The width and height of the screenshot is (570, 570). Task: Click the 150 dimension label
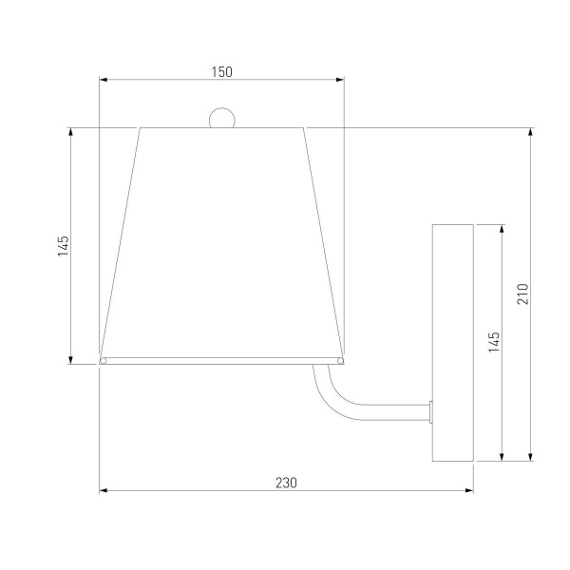[221, 72]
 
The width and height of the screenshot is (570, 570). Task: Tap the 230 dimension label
[286, 483]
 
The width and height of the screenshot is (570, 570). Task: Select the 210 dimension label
[522, 294]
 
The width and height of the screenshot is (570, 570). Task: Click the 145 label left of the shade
[64, 246]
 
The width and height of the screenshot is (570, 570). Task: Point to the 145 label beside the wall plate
[494, 342]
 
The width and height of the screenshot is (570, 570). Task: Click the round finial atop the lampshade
[222, 118]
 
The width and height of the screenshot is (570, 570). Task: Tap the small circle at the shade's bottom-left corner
[104, 361]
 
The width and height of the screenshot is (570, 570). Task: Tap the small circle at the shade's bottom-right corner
[341, 361]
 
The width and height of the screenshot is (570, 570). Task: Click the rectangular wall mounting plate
[453, 343]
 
